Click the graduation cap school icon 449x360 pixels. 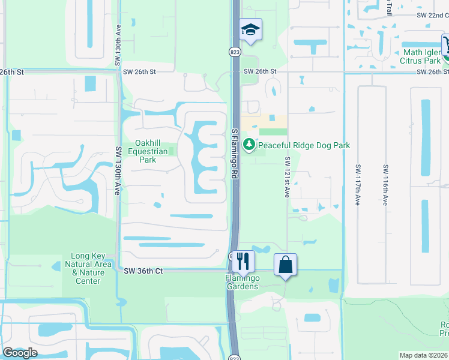(250, 29)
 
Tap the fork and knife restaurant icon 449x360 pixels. (243, 261)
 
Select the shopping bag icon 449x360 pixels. (285, 264)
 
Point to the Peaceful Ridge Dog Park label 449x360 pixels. (304, 145)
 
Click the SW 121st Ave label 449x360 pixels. (288, 178)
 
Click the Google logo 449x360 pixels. (20, 353)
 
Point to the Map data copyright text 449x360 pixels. (424, 355)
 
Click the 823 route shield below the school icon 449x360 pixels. (234, 52)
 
